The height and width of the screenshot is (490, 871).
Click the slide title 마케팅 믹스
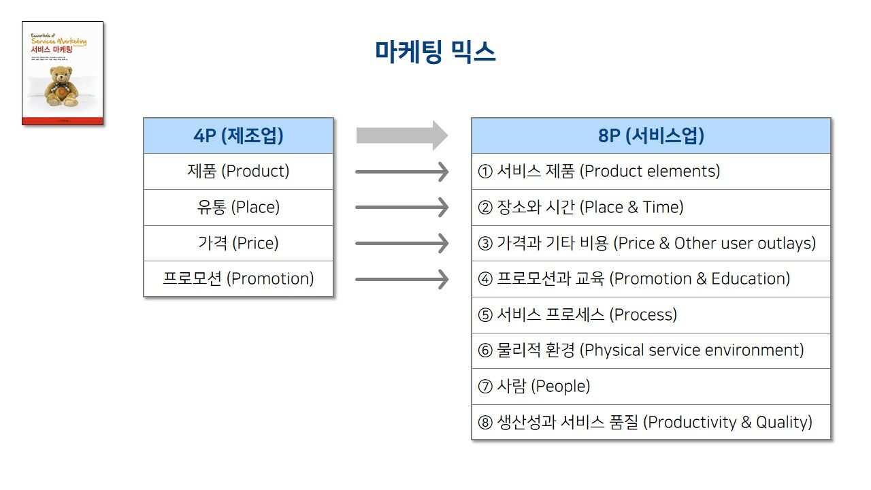point(435,52)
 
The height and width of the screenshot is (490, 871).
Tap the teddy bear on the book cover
point(62,87)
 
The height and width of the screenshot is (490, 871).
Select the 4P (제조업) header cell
point(238,135)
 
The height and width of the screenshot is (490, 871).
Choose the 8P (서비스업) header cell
point(651,135)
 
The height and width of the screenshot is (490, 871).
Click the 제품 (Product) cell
point(238,171)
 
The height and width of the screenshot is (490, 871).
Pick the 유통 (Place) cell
point(238,208)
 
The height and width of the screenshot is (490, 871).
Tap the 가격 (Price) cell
point(238,243)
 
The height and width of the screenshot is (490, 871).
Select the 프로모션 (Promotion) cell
point(238,279)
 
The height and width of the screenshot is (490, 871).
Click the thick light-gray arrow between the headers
point(401,135)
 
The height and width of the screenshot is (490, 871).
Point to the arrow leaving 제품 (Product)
point(401,171)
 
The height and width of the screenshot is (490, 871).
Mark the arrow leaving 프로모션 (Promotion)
point(401,279)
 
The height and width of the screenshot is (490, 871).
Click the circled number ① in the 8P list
point(485,171)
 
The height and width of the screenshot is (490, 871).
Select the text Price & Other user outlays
point(714,243)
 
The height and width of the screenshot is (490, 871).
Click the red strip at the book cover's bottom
point(63,121)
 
